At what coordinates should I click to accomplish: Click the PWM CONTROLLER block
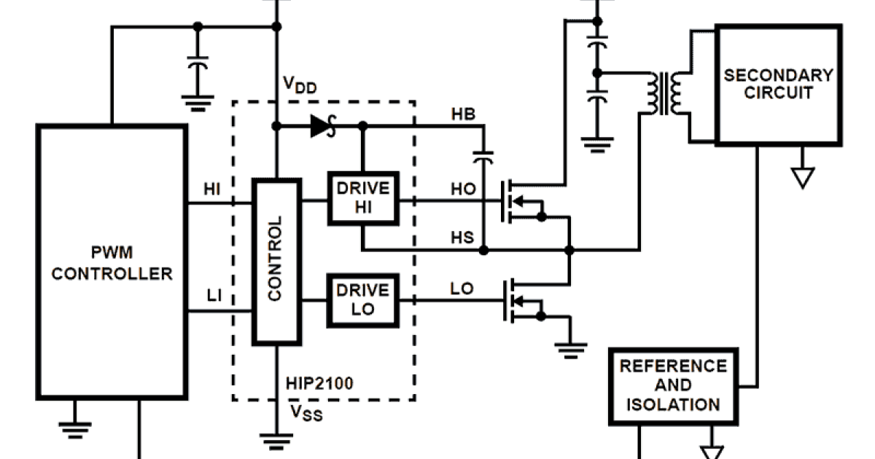(x=112, y=262)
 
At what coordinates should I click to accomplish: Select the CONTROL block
(x=276, y=261)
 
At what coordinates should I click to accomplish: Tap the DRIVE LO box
(x=362, y=299)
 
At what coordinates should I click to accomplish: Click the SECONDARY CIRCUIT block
(x=778, y=85)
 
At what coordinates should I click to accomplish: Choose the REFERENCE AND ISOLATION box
(x=672, y=385)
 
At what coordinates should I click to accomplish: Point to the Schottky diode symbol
(x=322, y=126)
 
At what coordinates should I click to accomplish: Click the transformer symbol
(x=664, y=93)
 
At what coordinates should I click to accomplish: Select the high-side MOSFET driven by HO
(x=521, y=201)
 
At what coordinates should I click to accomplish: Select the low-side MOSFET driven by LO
(x=521, y=300)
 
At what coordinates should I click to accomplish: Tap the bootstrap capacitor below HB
(x=483, y=155)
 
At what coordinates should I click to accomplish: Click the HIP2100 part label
(x=320, y=383)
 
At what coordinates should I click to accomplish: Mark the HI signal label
(x=212, y=189)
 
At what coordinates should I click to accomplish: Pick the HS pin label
(x=462, y=238)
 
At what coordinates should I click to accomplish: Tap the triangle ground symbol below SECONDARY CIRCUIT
(x=803, y=177)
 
